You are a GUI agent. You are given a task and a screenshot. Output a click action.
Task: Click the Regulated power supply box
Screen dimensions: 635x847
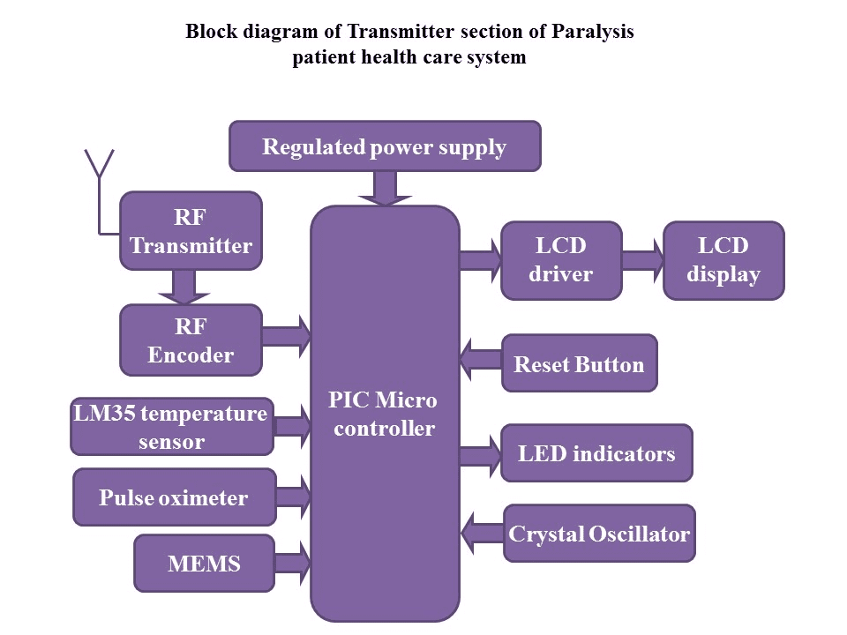(385, 146)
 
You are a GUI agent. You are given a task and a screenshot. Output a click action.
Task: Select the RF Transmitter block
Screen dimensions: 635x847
(191, 231)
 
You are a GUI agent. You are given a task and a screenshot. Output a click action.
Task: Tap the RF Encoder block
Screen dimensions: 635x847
(191, 340)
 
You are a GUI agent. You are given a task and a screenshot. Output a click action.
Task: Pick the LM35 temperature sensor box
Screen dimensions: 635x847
(171, 427)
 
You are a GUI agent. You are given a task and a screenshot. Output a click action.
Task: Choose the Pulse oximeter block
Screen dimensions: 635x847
(174, 498)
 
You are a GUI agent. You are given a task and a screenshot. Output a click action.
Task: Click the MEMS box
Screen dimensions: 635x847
(204, 564)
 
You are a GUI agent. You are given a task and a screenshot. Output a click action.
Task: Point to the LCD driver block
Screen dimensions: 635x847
(561, 260)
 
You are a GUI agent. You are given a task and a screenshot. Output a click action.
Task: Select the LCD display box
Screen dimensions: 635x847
(723, 260)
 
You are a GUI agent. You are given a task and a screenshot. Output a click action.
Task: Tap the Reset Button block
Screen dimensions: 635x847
(579, 363)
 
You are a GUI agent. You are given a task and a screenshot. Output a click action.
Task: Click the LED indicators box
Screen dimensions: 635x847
(596, 454)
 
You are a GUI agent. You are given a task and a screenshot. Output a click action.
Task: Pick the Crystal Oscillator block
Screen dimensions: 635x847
(599, 534)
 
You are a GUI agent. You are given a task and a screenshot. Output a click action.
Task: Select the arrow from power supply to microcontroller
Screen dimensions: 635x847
(385, 188)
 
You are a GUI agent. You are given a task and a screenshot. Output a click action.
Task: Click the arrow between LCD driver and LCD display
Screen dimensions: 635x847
(642, 260)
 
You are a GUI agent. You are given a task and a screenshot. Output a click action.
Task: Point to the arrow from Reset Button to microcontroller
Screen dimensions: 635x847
(481, 359)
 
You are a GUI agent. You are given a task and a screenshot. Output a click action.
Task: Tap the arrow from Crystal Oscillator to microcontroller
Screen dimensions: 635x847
(482, 532)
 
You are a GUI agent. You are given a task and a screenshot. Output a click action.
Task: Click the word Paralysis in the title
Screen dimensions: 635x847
(593, 32)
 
